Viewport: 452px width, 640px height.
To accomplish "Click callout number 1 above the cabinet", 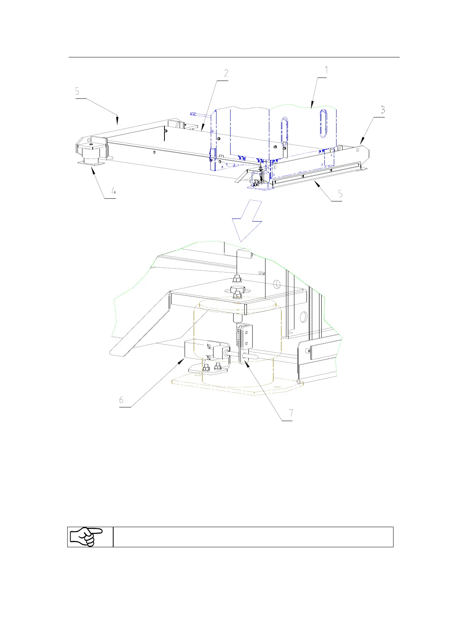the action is [x=326, y=70].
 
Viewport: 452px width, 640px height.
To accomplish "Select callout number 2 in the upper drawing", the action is [x=226, y=73].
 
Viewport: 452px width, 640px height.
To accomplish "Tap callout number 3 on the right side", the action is [x=383, y=110].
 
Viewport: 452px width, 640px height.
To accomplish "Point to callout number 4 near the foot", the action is [x=113, y=192].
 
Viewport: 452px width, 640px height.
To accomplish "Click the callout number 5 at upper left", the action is [x=77, y=91].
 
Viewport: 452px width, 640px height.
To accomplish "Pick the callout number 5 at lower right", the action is [x=340, y=194].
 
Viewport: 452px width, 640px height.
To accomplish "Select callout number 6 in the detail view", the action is [x=121, y=400].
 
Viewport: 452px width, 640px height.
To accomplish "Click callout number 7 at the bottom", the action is [x=291, y=413].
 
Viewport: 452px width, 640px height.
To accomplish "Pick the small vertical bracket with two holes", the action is [x=246, y=337].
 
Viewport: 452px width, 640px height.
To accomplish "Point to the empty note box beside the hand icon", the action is [x=253, y=537].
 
